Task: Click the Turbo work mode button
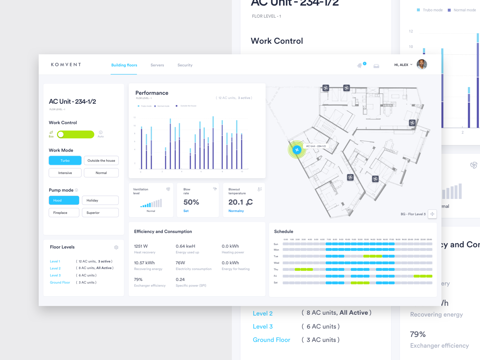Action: [x=65, y=160]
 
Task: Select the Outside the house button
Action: [x=101, y=160]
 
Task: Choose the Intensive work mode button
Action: [x=65, y=173]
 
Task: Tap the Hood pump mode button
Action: [x=64, y=200]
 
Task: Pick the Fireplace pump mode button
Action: [x=64, y=213]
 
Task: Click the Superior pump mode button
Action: [x=100, y=213]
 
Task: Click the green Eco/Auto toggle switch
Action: [x=76, y=134]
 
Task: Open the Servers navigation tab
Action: [x=157, y=65]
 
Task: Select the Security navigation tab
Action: [x=185, y=65]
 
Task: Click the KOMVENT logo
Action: [x=66, y=64]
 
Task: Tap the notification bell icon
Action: [x=359, y=66]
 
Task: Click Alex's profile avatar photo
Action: [x=421, y=64]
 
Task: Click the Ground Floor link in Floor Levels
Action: [x=60, y=283]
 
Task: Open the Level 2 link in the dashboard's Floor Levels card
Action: [x=55, y=268]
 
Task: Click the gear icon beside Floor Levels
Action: [x=116, y=247]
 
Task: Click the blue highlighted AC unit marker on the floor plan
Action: [x=297, y=150]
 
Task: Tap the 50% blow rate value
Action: [x=191, y=202]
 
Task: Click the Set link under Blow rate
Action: [x=186, y=211]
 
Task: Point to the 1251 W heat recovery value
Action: [x=141, y=246]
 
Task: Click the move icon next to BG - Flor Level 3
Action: [x=432, y=214]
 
